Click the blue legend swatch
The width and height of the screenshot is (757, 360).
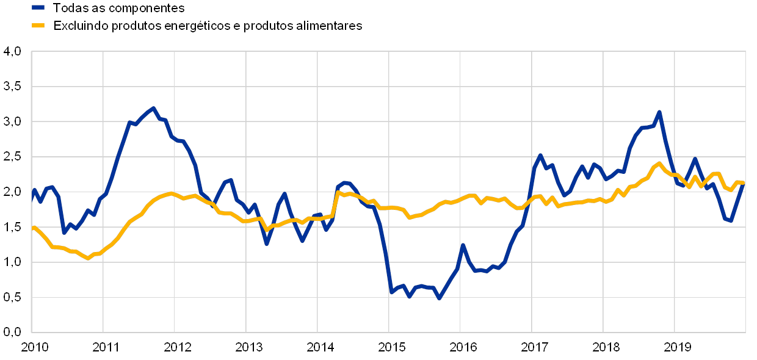tap(38, 8)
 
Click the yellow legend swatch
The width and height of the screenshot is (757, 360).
tap(38, 26)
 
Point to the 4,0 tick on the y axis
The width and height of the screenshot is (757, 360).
tap(13, 52)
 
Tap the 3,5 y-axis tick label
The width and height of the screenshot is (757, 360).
tap(13, 87)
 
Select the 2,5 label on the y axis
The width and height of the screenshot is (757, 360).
tap(13, 157)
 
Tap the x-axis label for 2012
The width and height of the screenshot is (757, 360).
tap(176, 348)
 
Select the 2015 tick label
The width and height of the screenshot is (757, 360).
tap(391, 348)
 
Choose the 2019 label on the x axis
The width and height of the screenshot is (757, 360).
tap(676, 348)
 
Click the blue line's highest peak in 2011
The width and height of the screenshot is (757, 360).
tap(153, 109)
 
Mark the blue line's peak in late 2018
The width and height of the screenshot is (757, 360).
tap(659, 112)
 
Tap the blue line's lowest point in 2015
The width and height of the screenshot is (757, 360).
tap(438, 298)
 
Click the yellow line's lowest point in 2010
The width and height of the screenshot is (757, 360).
tap(88, 258)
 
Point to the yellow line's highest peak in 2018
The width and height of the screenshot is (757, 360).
tap(659, 164)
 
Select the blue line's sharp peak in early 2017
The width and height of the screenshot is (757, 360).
tap(540, 155)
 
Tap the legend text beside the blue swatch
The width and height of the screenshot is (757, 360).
tap(122, 8)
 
